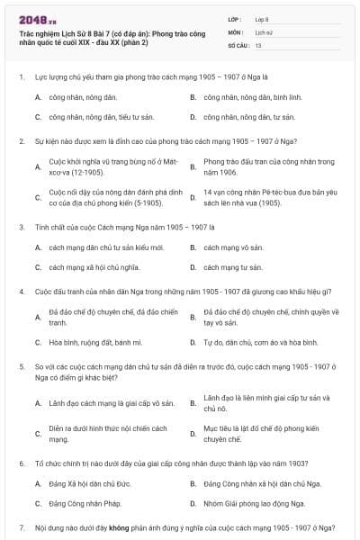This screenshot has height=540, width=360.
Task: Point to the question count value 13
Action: click(258, 44)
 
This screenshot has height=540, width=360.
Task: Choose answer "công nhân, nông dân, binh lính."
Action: click(246, 96)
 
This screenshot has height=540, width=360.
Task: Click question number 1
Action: click(21, 77)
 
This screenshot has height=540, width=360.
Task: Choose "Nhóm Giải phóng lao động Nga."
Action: click(248, 504)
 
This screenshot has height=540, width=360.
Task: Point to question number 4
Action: click(21, 292)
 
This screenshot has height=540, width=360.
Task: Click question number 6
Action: click(21, 463)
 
